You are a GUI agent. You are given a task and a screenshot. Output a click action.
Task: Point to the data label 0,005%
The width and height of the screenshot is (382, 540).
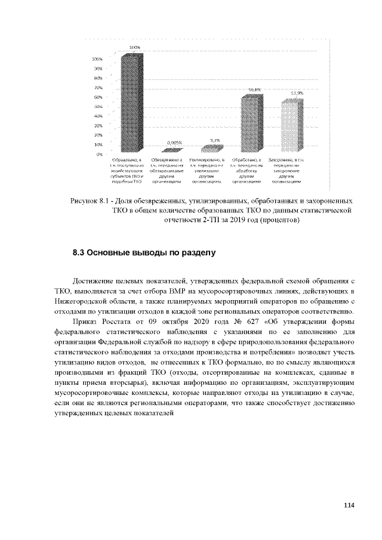(x=174, y=142)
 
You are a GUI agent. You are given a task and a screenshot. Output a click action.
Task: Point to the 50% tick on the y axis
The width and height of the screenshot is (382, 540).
(x=97, y=106)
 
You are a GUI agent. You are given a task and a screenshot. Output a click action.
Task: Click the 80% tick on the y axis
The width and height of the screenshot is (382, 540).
(x=97, y=78)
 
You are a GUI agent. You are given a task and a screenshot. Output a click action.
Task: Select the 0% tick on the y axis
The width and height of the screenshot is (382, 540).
(x=99, y=154)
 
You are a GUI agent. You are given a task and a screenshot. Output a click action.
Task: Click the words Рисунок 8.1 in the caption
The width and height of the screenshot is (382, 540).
(x=88, y=201)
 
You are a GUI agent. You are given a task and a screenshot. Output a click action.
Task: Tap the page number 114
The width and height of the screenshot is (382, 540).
(x=349, y=505)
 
